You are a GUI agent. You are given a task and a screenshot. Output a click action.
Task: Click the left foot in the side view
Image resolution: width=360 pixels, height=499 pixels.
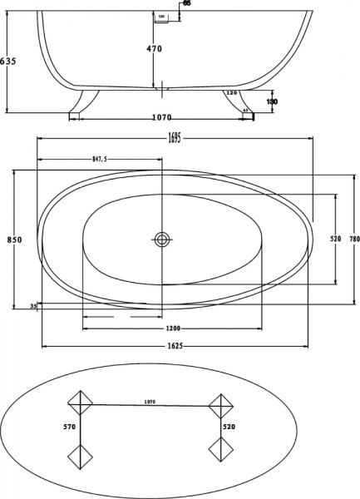(81, 102)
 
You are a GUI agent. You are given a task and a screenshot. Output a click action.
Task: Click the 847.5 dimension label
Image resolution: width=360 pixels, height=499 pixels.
(104, 158)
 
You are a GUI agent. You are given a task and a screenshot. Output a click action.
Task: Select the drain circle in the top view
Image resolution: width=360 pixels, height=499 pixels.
(162, 240)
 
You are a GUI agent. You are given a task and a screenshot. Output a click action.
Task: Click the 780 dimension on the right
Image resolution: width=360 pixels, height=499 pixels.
(353, 240)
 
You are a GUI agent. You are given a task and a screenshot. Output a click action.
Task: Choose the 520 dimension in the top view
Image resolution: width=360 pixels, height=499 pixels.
(335, 240)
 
